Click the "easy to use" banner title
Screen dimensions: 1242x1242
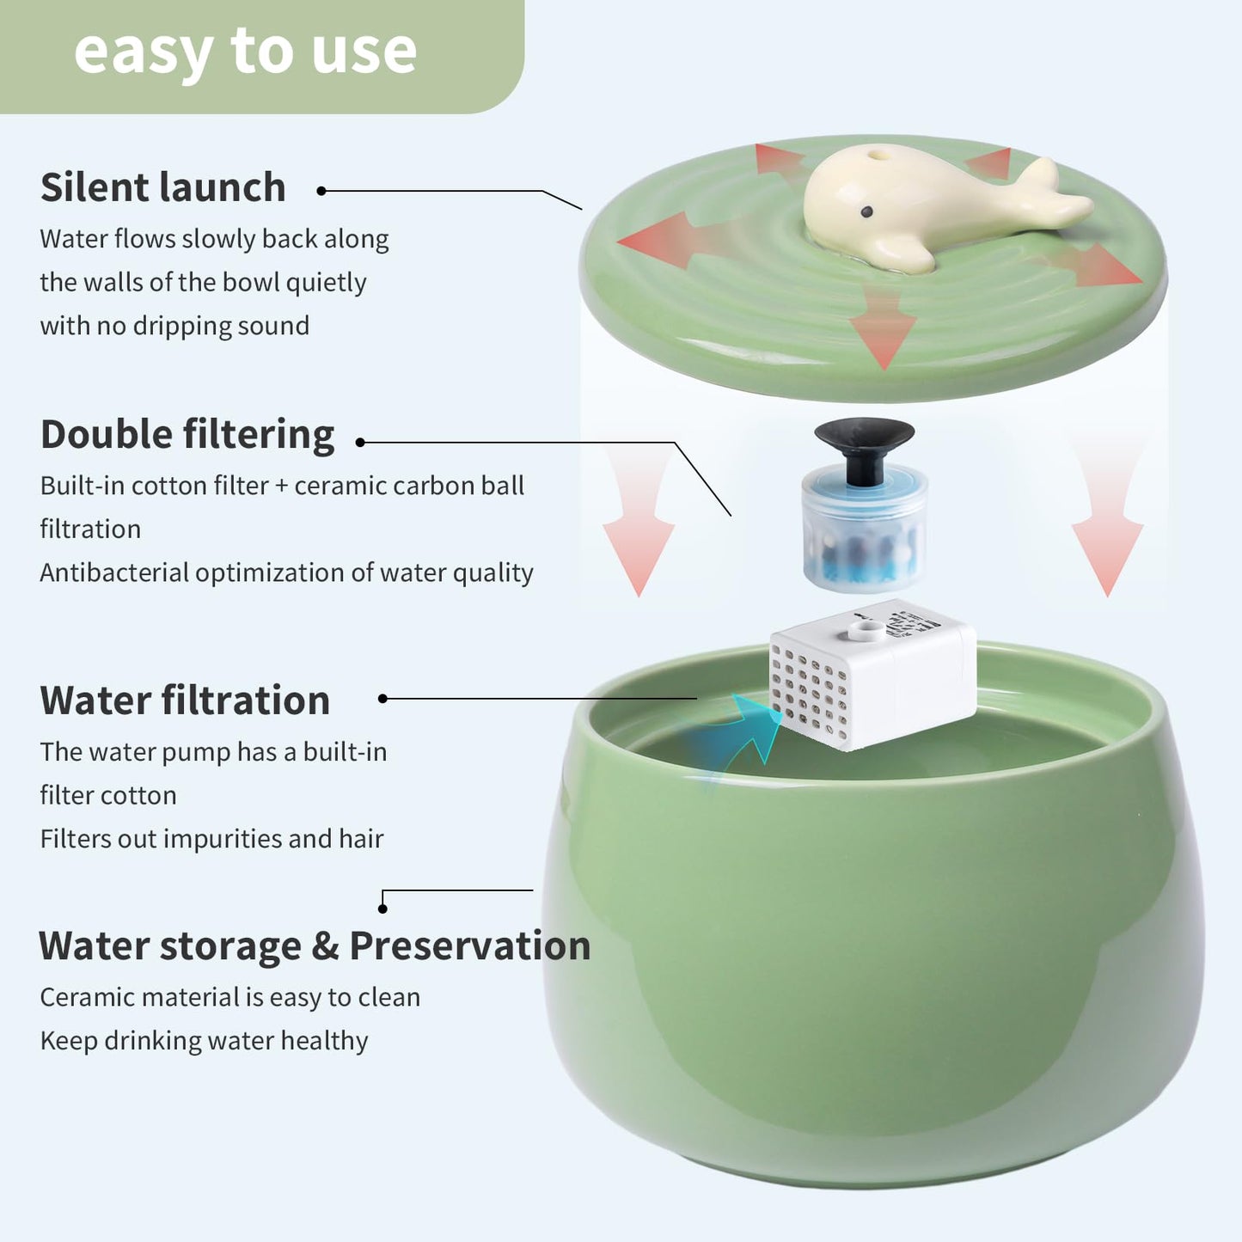(245, 52)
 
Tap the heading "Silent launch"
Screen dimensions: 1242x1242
(162, 187)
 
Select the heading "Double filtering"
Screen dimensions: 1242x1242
(187, 434)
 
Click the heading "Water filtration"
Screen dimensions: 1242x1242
(185, 700)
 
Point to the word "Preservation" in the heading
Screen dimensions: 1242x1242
(469, 945)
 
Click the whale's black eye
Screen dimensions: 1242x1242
(866, 211)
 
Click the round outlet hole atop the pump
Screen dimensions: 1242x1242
(866, 632)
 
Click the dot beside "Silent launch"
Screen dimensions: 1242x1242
(321, 191)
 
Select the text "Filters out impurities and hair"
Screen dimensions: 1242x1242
(211, 839)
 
